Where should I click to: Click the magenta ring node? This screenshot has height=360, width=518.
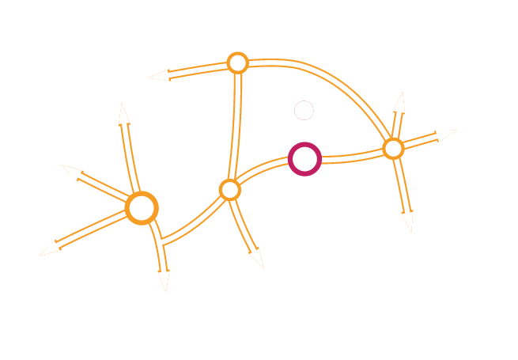[x=304, y=159]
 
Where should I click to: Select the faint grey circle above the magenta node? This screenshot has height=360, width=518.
[x=304, y=111]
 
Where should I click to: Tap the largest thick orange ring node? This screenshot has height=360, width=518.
[x=142, y=208]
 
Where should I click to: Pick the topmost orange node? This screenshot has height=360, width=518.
[x=237, y=63]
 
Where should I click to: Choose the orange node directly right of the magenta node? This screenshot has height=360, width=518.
[x=393, y=148]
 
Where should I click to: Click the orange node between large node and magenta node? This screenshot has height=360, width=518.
[x=229, y=189]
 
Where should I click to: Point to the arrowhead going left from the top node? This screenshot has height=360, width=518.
[x=158, y=76]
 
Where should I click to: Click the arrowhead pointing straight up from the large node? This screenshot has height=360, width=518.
[x=123, y=114]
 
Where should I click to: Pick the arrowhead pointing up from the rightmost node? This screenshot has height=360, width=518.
[x=399, y=102]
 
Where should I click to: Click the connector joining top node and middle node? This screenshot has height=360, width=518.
[x=234, y=127]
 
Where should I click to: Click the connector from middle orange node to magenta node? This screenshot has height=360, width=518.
[x=261, y=171]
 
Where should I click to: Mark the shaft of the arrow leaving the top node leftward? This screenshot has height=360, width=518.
[x=198, y=70]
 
